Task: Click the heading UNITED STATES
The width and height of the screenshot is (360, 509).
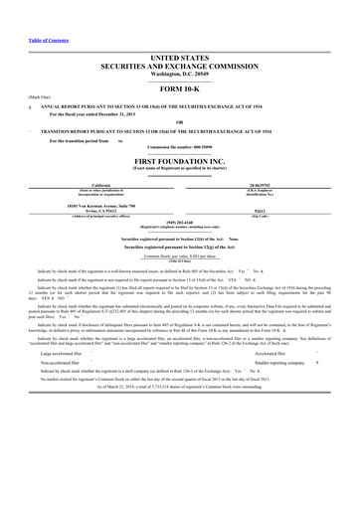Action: click(179, 33)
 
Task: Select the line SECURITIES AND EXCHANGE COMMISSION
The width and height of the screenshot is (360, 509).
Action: click(179, 41)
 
